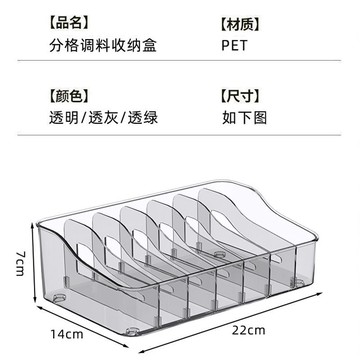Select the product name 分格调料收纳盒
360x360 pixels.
click(103, 45)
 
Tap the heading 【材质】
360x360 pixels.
click(240, 25)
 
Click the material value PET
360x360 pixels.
click(235, 46)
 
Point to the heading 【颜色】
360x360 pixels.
click(70, 97)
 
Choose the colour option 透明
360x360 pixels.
click(64, 118)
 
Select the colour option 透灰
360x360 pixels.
click(103, 118)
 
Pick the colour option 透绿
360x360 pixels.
click(143, 118)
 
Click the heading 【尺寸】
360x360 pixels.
click(240, 97)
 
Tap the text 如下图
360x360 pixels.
click(245, 118)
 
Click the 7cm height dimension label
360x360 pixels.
click(20, 263)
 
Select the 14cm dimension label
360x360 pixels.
click(67, 334)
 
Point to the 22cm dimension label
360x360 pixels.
click(249, 330)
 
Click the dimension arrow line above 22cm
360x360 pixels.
click(231, 322)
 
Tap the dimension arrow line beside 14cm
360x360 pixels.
click(82, 325)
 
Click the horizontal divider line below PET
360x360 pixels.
click(179, 61)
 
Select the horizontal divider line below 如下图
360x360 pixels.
click(179, 135)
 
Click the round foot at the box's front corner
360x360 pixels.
click(132, 331)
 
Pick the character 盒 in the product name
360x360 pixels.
click(150, 45)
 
